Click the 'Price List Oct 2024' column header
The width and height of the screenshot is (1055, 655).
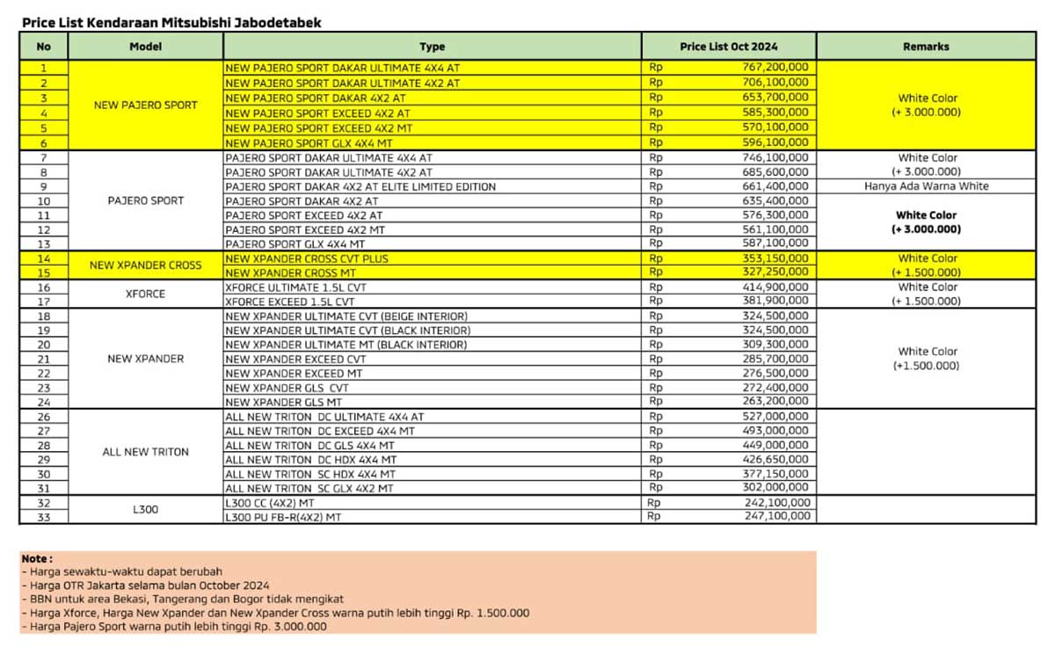(728, 47)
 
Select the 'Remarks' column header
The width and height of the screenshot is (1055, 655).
(926, 47)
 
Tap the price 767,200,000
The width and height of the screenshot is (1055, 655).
(774, 68)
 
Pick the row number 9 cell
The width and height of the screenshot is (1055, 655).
(43, 186)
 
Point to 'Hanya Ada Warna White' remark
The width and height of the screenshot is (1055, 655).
(926, 186)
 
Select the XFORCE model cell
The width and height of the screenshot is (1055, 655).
(145, 295)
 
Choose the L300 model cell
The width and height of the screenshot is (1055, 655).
(145, 509)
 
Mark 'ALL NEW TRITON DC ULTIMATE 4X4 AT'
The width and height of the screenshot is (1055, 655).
(324, 417)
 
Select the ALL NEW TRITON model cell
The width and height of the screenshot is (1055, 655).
(145, 452)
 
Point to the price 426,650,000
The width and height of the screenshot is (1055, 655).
(774, 459)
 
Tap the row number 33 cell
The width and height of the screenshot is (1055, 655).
(43, 517)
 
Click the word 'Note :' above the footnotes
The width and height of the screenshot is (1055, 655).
(38, 558)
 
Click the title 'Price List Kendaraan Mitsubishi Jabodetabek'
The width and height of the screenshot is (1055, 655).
(171, 23)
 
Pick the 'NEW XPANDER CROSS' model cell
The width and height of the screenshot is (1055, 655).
(145, 266)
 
